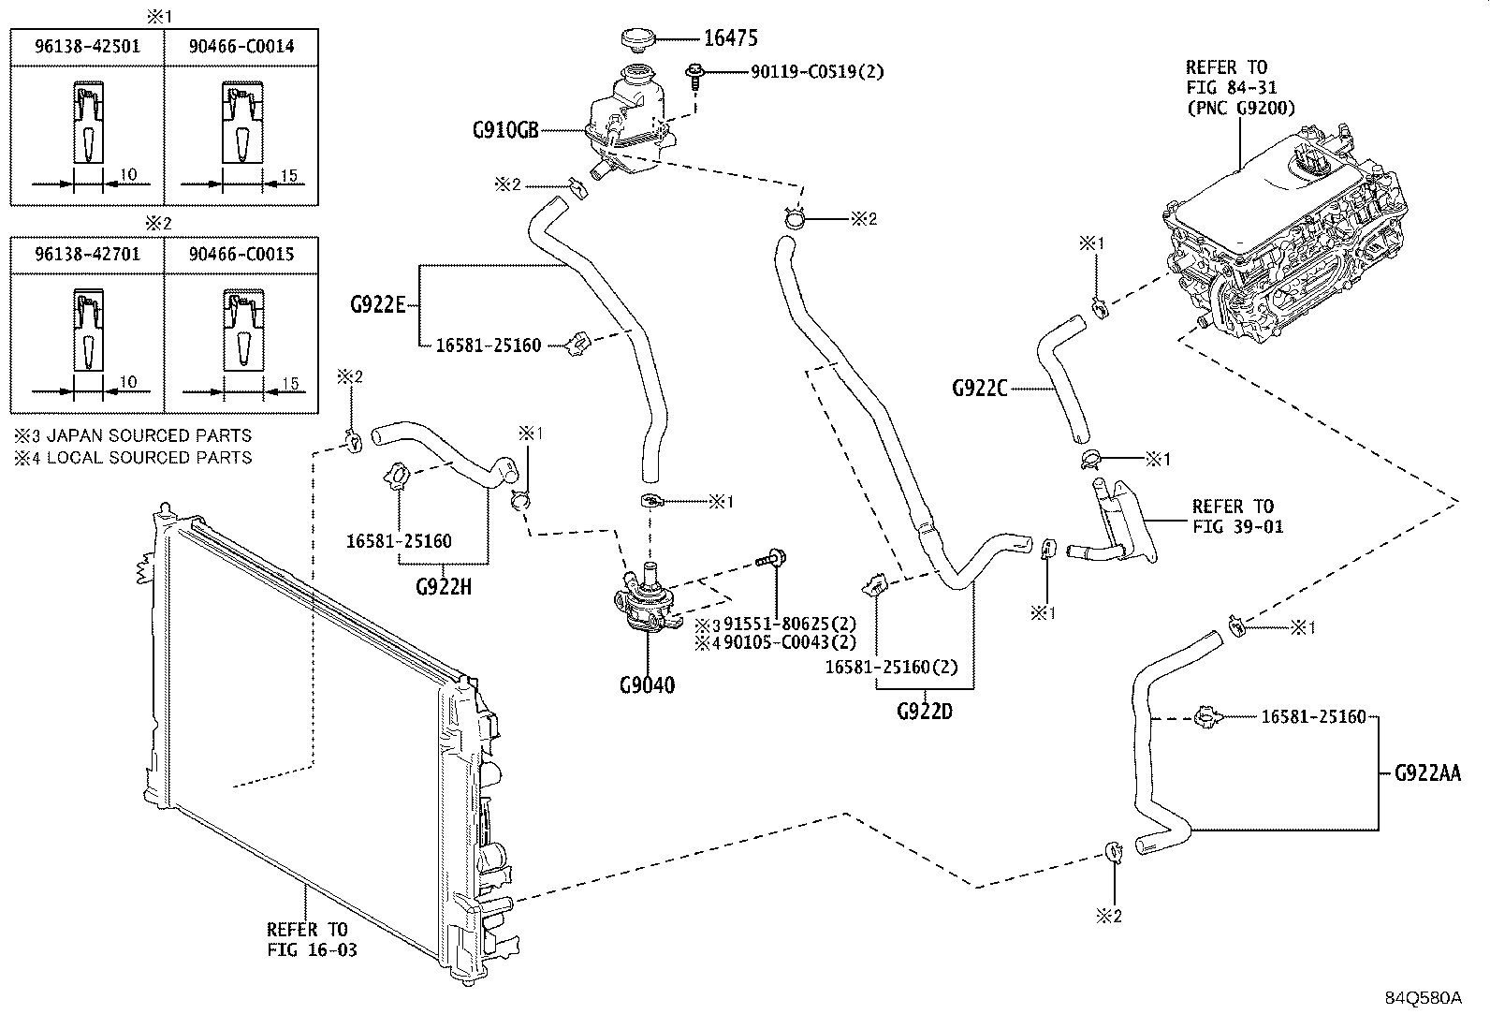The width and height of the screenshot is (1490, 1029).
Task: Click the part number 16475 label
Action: coord(730,38)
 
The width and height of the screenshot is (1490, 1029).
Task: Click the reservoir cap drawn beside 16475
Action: coord(638,37)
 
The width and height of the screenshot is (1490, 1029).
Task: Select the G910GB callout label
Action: coord(505,130)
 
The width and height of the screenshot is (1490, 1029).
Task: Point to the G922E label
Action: coord(378,305)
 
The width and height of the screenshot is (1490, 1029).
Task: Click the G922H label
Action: coord(444,587)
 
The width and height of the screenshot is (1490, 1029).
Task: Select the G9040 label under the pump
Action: coord(648,684)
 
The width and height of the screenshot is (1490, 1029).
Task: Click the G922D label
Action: coord(925,712)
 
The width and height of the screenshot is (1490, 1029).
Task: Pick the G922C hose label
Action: coord(980,388)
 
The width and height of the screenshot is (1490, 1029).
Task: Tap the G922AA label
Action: coord(1427,772)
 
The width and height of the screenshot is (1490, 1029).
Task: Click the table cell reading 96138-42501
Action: coord(87,46)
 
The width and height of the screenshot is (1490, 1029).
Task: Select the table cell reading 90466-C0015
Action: coord(241,254)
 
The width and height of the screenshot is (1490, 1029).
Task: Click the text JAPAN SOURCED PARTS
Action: coord(149,435)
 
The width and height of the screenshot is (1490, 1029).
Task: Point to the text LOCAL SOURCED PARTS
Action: coord(149,457)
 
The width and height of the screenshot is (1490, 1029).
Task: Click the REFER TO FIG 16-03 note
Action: coord(312,939)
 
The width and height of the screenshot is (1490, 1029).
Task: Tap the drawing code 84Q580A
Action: coord(1424,998)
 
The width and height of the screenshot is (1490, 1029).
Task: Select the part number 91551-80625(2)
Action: coord(790,624)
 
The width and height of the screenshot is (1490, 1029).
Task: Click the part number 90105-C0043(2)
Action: coord(790,642)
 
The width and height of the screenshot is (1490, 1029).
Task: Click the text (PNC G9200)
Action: coord(1241,108)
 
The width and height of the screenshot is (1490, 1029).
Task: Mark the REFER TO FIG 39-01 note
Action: coord(1238,517)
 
